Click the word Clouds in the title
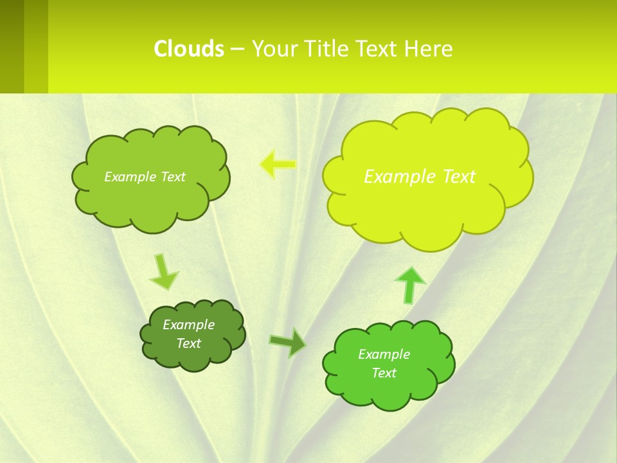(x=189, y=49)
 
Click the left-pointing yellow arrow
(x=278, y=164)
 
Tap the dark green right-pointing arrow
(x=288, y=342)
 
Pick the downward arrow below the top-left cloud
(x=163, y=272)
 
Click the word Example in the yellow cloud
(x=396, y=177)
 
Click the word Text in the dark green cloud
(x=188, y=343)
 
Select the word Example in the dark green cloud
(x=188, y=325)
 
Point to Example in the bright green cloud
(x=384, y=354)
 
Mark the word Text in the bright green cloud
(x=384, y=373)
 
